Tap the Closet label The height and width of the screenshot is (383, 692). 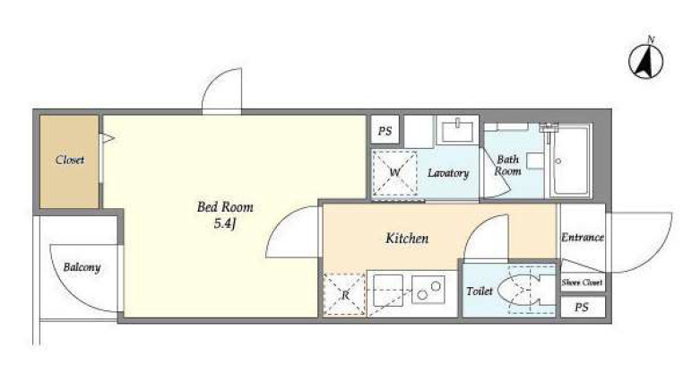(x=70, y=161)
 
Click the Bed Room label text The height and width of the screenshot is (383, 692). (x=220, y=206)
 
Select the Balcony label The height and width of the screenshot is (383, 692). (x=82, y=267)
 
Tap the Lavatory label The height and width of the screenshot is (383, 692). (x=447, y=172)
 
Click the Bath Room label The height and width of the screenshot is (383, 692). (x=508, y=165)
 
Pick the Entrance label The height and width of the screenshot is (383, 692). (x=582, y=238)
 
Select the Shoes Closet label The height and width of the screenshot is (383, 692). (x=582, y=283)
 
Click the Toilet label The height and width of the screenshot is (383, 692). (x=479, y=292)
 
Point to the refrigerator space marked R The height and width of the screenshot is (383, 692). (x=344, y=293)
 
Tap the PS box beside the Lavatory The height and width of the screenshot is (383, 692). (x=385, y=131)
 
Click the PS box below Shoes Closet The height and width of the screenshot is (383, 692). (x=582, y=307)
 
